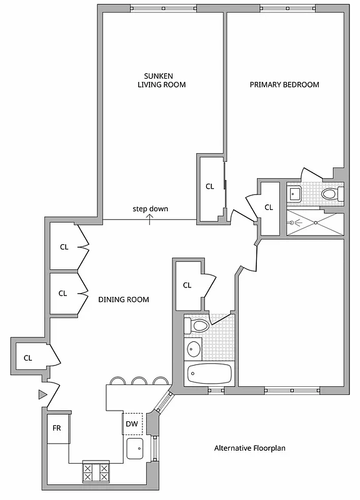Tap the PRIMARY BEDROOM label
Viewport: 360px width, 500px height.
tap(284, 85)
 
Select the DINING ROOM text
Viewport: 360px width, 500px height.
tap(124, 299)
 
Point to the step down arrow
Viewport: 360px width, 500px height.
tap(150, 217)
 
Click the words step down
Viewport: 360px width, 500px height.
tap(150, 209)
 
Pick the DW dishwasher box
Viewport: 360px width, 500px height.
tap(132, 424)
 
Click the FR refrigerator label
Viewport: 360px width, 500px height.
tap(56, 429)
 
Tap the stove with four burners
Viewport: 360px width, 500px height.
tap(96, 471)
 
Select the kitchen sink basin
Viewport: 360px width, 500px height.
tap(135, 447)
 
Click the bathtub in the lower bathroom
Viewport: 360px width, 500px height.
tap(209, 374)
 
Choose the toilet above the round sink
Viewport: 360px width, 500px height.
tap(199, 326)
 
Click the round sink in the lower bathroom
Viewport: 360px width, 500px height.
tap(193, 349)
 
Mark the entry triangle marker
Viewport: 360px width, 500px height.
tap(42, 394)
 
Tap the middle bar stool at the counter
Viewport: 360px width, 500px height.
tap(139, 380)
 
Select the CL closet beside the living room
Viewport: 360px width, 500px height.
tap(210, 186)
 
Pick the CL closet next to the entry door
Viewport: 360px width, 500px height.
tap(27, 358)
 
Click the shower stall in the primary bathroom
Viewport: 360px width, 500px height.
tap(315, 222)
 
